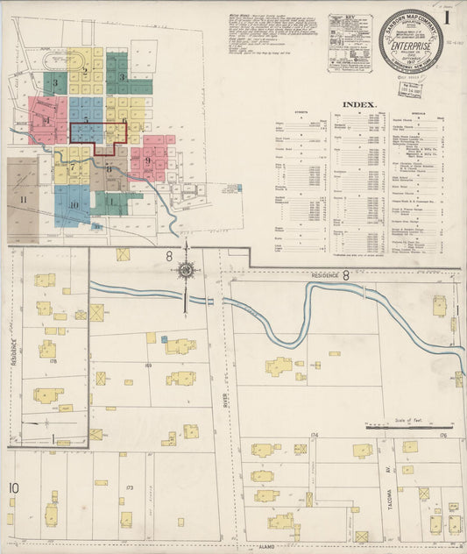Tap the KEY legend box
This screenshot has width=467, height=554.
point(350,42)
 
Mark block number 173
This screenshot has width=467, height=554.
point(129,487)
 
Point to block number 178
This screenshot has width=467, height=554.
point(53,359)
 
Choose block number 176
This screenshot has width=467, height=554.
point(443,435)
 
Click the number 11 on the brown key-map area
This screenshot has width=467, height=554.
point(24,200)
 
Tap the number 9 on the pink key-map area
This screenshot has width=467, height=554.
point(148,160)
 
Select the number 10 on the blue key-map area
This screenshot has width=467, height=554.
point(74,205)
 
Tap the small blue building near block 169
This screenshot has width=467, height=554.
point(164,339)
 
